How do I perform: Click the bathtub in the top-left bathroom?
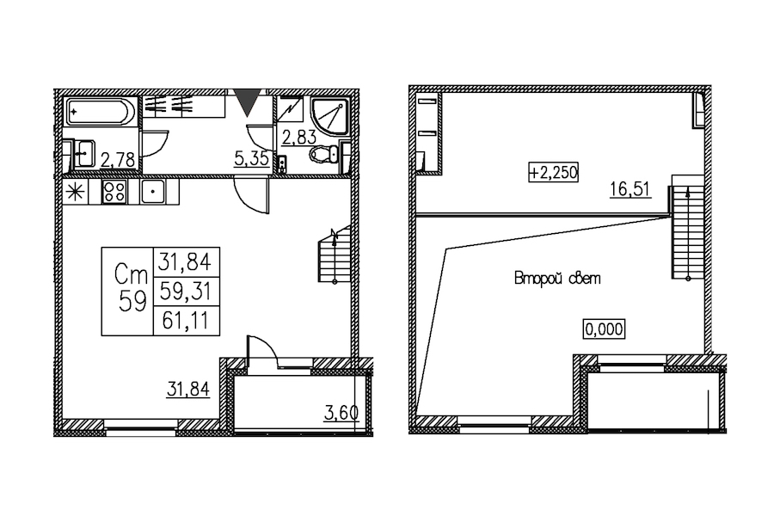pyautogui.click(x=101, y=112)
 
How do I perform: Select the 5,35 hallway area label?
pyautogui.click(x=252, y=159)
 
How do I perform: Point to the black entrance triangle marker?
pyautogui.click(x=245, y=102)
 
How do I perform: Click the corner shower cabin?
pyautogui.click(x=329, y=115)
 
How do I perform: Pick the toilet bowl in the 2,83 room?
pyautogui.click(x=324, y=154)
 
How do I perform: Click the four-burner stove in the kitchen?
pyautogui.click(x=114, y=191)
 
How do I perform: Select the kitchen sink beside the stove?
pyautogui.click(x=154, y=191)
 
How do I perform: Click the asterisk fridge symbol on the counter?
pyautogui.click(x=76, y=192)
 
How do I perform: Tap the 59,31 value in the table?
pyautogui.click(x=186, y=292)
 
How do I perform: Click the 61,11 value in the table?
pyautogui.click(x=186, y=322)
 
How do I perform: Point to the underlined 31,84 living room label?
pyautogui.click(x=188, y=390)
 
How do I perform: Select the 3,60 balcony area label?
pyautogui.click(x=341, y=414)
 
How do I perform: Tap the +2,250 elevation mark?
pyautogui.click(x=553, y=172)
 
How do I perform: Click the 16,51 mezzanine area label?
pyautogui.click(x=630, y=189)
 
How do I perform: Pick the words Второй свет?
pyautogui.click(x=557, y=279)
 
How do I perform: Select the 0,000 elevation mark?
pyautogui.click(x=605, y=329)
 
